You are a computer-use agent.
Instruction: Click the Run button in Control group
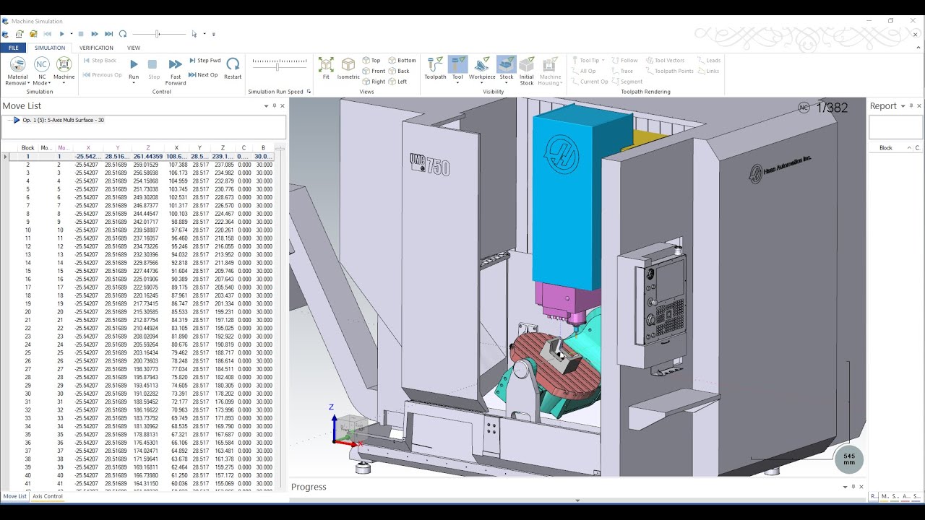(134, 68)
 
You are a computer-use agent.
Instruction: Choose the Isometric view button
(348, 68)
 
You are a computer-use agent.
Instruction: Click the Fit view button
(326, 68)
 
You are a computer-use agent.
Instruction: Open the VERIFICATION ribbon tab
(96, 48)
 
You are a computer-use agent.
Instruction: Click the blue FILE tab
(13, 48)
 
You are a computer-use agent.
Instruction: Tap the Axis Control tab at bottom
(48, 496)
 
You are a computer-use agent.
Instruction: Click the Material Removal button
(17, 69)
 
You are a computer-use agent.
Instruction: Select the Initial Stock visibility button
(526, 69)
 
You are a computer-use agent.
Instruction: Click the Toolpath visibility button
(435, 68)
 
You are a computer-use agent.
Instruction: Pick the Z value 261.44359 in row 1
(147, 157)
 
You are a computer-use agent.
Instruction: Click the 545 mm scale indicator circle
(849, 459)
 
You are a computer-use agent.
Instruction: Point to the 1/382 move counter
(832, 108)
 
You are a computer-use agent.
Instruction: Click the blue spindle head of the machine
(567, 195)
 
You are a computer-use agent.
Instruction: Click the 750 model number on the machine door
(438, 168)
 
